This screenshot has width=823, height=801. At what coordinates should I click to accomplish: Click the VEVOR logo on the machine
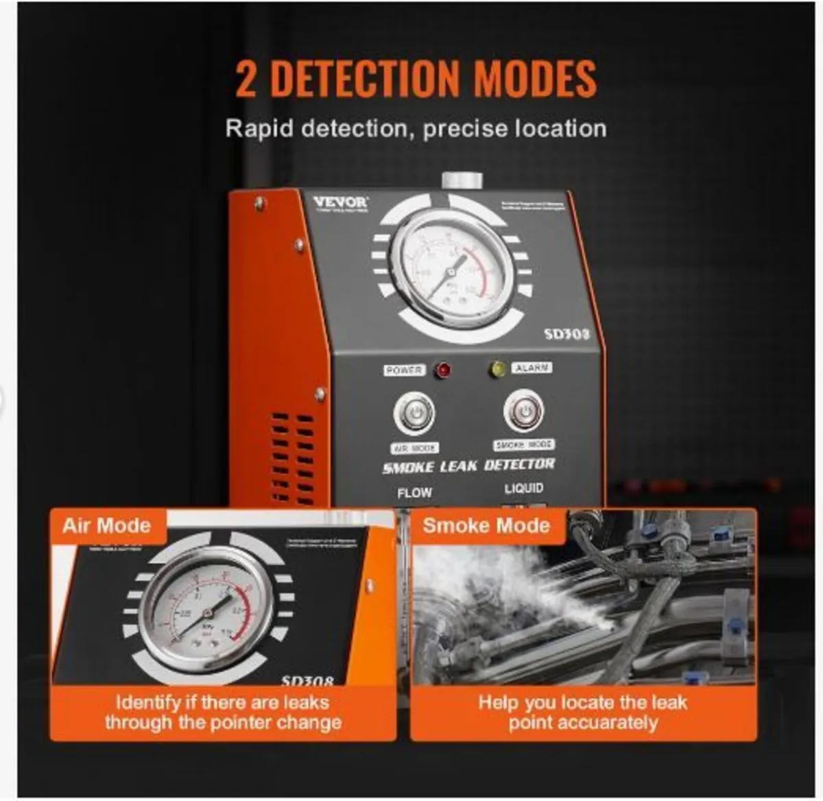coord(341,202)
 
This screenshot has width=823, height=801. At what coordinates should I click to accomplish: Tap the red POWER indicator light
coord(444,370)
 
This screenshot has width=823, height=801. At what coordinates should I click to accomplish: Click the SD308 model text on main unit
coord(566,334)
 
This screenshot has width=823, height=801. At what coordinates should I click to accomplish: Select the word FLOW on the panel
coord(414,492)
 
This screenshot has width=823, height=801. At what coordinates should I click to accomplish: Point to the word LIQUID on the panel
coord(524,488)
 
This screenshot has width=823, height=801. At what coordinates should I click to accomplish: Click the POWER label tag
coord(404,370)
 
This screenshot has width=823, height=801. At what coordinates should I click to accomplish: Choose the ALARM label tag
coord(532,368)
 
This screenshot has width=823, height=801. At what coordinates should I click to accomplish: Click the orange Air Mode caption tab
coord(107,526)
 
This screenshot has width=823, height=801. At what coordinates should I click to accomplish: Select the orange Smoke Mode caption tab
coord(486,526)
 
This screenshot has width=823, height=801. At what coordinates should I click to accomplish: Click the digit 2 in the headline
coord(246,79)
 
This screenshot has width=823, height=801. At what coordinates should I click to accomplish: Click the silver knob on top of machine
coord(462,180)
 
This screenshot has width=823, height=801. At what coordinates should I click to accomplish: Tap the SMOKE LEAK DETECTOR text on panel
coord(468,466)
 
